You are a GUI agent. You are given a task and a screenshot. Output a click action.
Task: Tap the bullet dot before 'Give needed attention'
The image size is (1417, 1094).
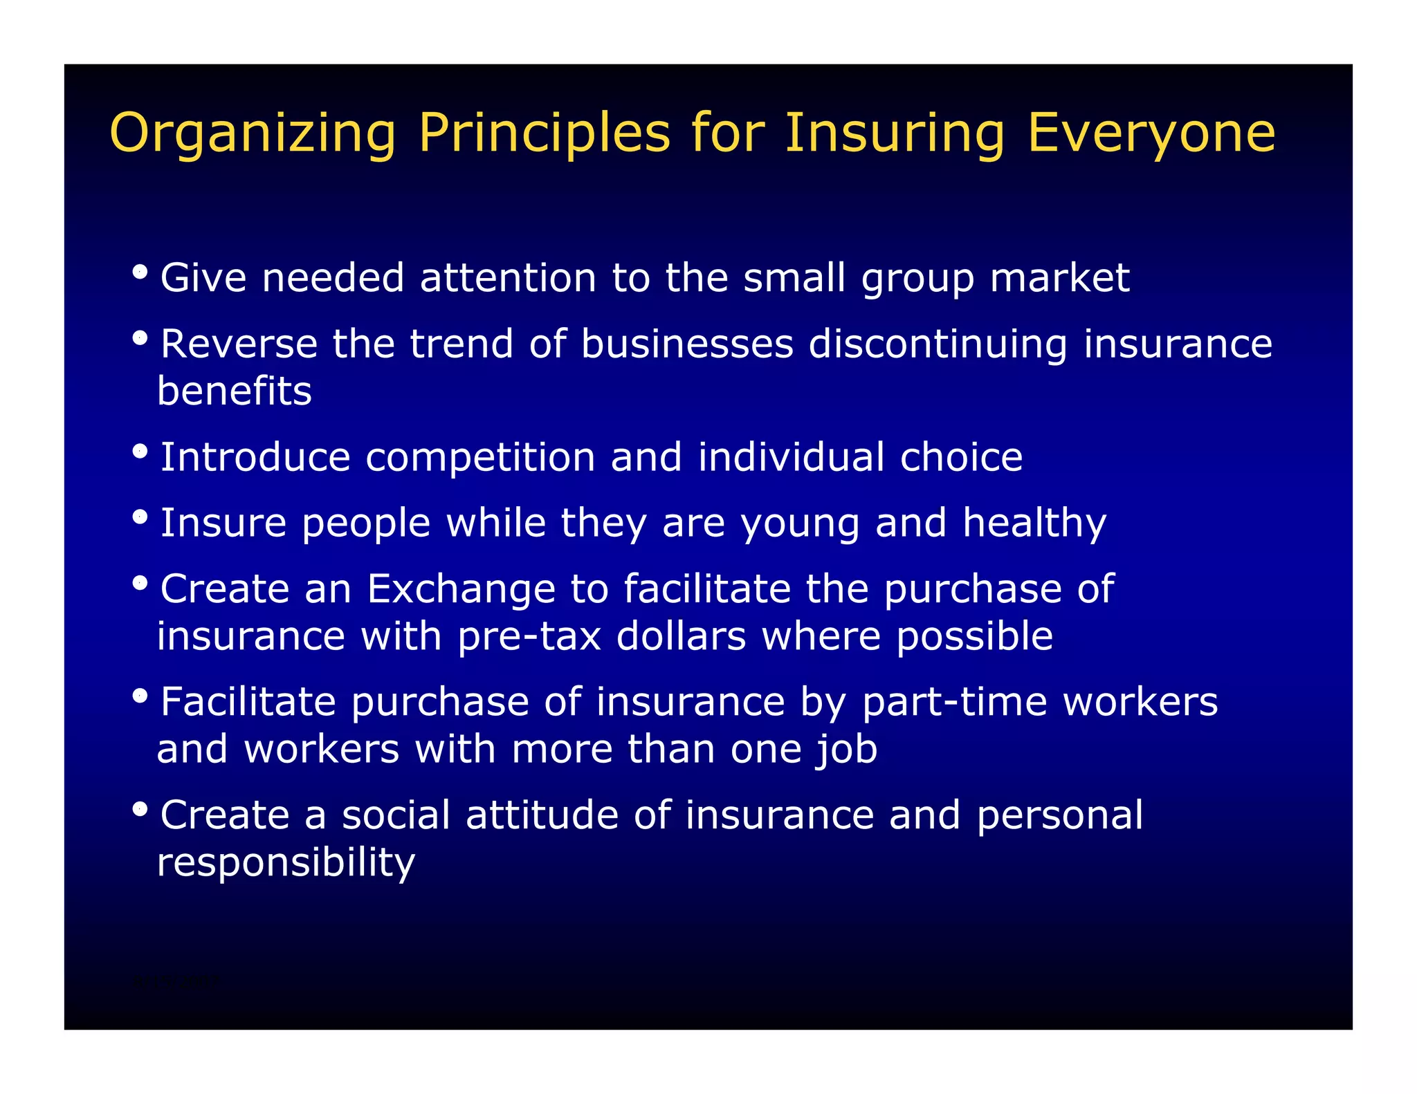140,271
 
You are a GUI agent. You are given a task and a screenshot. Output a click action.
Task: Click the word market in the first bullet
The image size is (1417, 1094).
1059,278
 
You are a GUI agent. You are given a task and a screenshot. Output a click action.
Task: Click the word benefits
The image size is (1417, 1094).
235,391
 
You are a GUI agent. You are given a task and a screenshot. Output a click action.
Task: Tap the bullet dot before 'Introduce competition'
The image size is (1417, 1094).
140,451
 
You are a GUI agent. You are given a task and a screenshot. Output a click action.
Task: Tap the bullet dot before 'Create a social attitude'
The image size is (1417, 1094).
140,808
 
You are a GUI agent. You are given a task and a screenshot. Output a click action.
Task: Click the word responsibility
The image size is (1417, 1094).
286,862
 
